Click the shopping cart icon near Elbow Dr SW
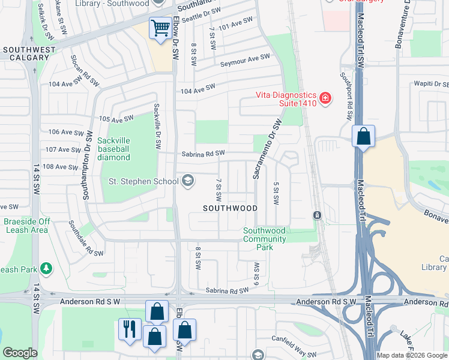(160, 28)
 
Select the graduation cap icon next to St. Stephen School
(188, 181)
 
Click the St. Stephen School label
(143, 181)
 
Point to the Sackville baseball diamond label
(113, 149)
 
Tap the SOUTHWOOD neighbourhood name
(230, 208)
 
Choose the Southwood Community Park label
(264, 239)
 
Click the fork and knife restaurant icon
(130, 329)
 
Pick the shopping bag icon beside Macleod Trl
(363, 136)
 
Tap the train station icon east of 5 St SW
(316, 215)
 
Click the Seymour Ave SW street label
(245, 61)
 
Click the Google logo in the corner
(20, 353)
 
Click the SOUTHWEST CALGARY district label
(26, 53)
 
